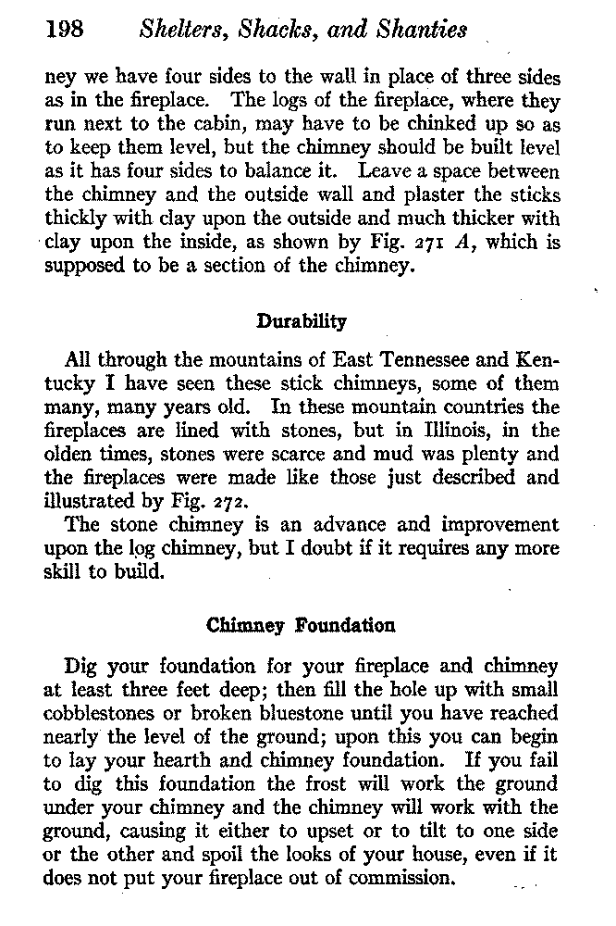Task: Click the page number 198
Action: tap(66, 31)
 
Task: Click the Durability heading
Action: tap(301, 321)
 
